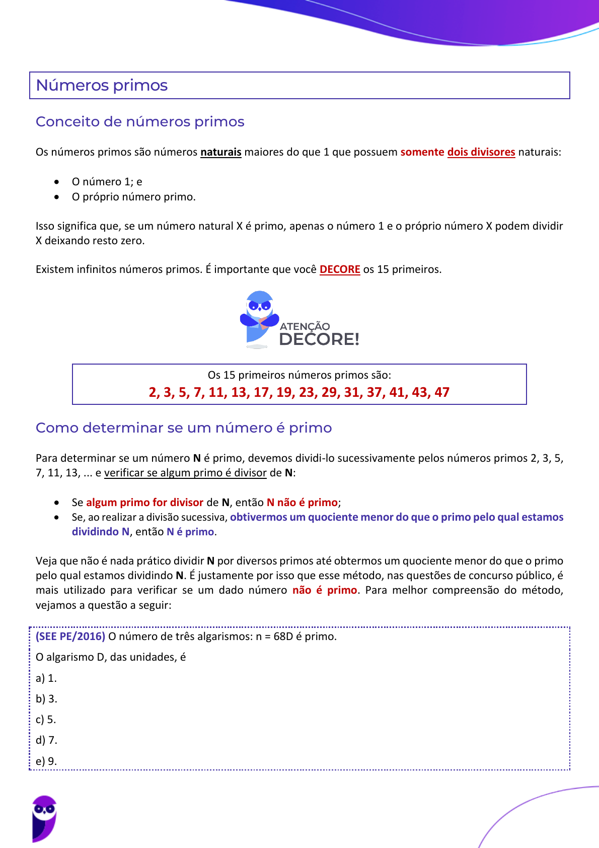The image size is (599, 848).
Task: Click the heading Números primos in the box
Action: click(x=102, y=85)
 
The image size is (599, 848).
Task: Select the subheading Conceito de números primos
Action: click(x=140, y=122)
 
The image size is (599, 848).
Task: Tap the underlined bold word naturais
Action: click(x=220, y=152)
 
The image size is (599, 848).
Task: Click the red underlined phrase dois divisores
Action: click(x=481, y=152)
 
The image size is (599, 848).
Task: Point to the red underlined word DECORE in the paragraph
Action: click(x=340, y=269)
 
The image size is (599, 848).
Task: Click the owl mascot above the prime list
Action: click(x=259, y=318)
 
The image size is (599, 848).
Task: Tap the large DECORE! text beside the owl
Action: click(x=319, y=339)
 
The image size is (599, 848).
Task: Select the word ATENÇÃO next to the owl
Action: click(x=305, y=326)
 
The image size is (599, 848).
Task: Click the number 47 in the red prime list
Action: click(x=441, y=392)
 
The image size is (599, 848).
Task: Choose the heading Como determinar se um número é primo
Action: click(x=184, y=428)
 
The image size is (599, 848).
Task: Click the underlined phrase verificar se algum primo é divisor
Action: click(x=185, y=473)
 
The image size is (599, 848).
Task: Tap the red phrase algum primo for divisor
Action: click(x=144, y=503)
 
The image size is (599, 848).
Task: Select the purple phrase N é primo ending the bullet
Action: click(x=190, y=532)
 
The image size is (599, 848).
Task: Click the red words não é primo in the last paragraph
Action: click(x=325, y=590)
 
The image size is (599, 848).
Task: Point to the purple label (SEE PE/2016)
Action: click(x=70, y=637)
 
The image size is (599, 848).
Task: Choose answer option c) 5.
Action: click(x=46, y=720)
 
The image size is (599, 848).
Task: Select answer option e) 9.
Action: click(x=46, y=761)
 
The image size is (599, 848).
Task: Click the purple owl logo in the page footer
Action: click(x=44, y=819)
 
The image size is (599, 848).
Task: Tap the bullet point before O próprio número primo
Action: click(x=57, y=197)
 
